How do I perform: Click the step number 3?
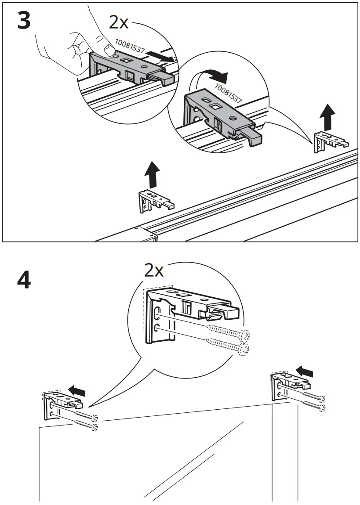tap(24, 22)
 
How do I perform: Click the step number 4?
tap(24, 280)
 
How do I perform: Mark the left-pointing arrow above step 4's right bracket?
tap(305, 372)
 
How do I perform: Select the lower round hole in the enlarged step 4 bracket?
tap(157, 327)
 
